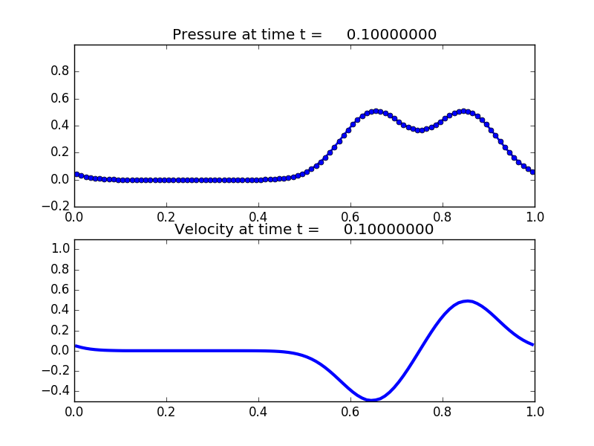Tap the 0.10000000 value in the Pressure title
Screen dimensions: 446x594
click(x=391, y=35)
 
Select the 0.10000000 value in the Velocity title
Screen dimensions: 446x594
click(x=388, y=230)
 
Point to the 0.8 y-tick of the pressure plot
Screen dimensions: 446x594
click(x=59, y=71)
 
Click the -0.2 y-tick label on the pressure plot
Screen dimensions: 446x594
click(x=54, y=206)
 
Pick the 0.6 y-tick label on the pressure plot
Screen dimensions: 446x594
click(x=59, y=98)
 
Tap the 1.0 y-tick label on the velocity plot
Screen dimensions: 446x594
click(x=59, y=249)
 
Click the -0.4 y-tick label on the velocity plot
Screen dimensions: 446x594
click(x=54, y=390)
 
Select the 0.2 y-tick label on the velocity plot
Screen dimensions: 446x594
click(x=59, y=330)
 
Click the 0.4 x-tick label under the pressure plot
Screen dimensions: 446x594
click(x=258, y=217)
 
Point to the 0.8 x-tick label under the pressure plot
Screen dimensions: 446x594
click(x=443, y=217)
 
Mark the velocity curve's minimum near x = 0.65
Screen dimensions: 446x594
click(x=372, y=400)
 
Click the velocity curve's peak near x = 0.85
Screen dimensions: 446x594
click(x=467, y=301)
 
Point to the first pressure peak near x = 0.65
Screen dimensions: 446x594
click(x=376, y=111)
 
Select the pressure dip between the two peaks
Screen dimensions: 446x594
click(x=420, y=130)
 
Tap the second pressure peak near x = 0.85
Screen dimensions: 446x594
click(x=465, y=111)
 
